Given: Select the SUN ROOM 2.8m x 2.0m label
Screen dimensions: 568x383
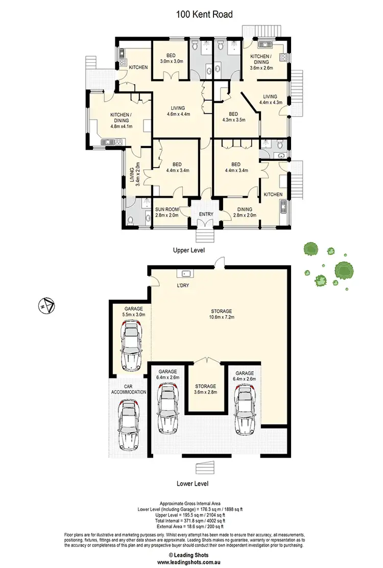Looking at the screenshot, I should pyautogui.click(x=167, y=212).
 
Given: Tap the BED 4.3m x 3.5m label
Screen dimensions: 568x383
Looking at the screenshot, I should pyautogui.click(x=233, y=117).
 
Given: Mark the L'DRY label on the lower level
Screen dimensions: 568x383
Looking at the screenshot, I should pyautogui.click(x=183, y=286).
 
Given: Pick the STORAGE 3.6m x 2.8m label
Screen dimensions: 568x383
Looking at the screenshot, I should pyautogui.click(x=206, y=389).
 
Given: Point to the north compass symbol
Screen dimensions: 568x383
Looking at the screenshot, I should pyautogui.click(x=46, y=305).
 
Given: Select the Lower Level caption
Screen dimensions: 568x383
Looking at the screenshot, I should pyautogui.click(x=193, y=483).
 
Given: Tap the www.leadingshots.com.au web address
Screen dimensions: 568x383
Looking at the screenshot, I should pyautogui.click(x=191, y=561).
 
